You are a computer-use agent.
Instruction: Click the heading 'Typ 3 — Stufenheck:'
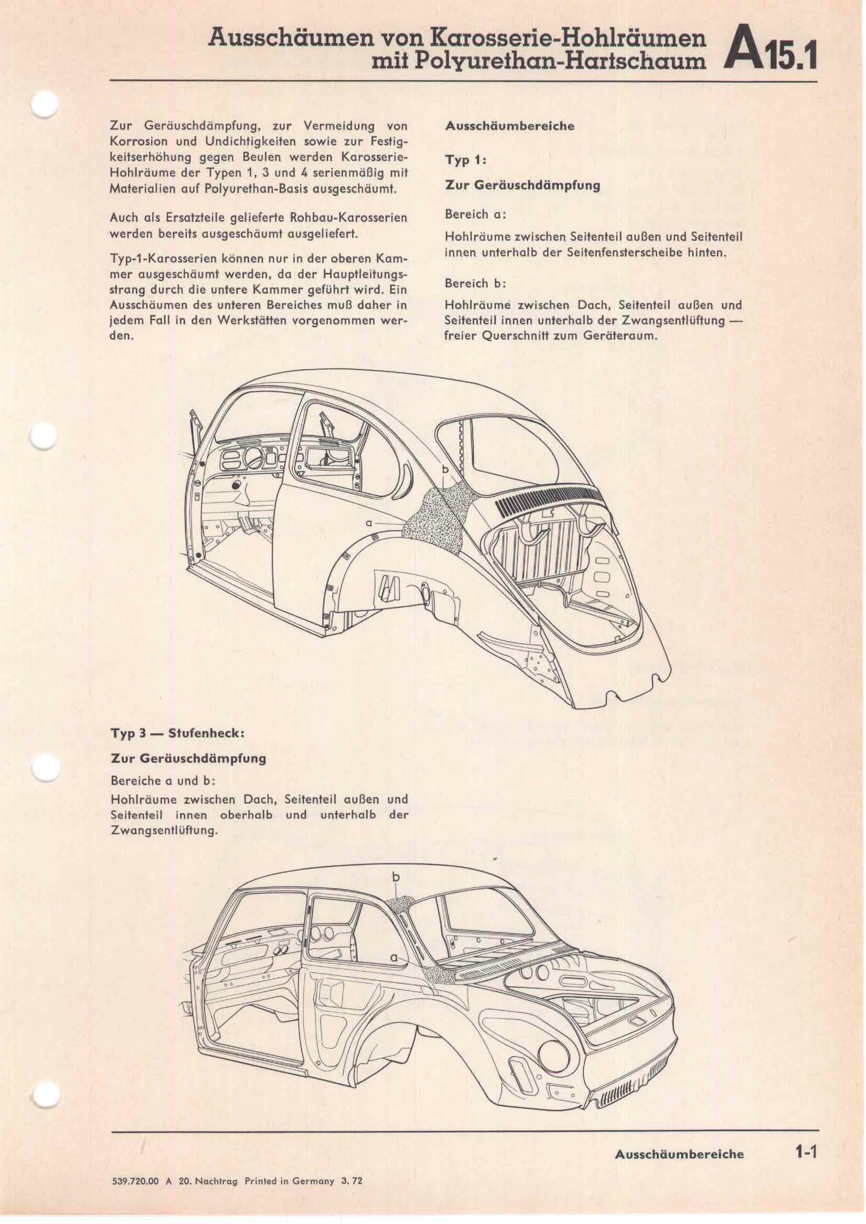click(x=177, y=733)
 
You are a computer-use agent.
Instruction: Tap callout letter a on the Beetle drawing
click(x=369, y=523)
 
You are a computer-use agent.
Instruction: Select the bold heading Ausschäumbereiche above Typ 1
click(x=510, y=127)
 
